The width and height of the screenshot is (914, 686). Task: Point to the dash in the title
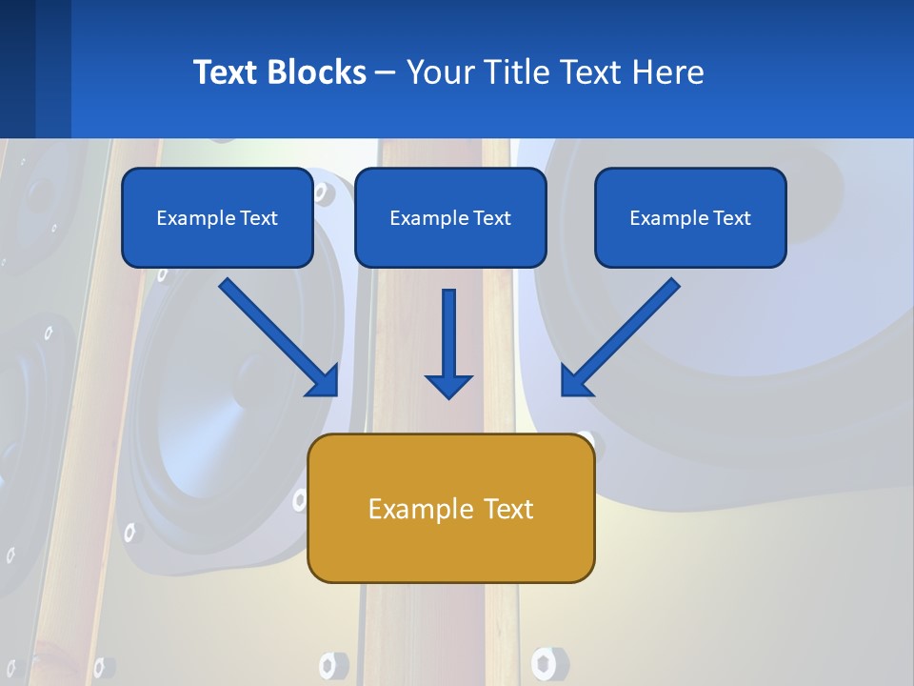386,72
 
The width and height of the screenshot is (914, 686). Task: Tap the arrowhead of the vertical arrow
448,385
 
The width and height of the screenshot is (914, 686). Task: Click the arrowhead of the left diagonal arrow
324,380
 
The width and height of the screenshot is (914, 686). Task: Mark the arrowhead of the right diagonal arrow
575,380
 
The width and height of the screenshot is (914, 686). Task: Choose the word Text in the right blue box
731,218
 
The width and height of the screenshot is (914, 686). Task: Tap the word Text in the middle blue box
491,218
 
